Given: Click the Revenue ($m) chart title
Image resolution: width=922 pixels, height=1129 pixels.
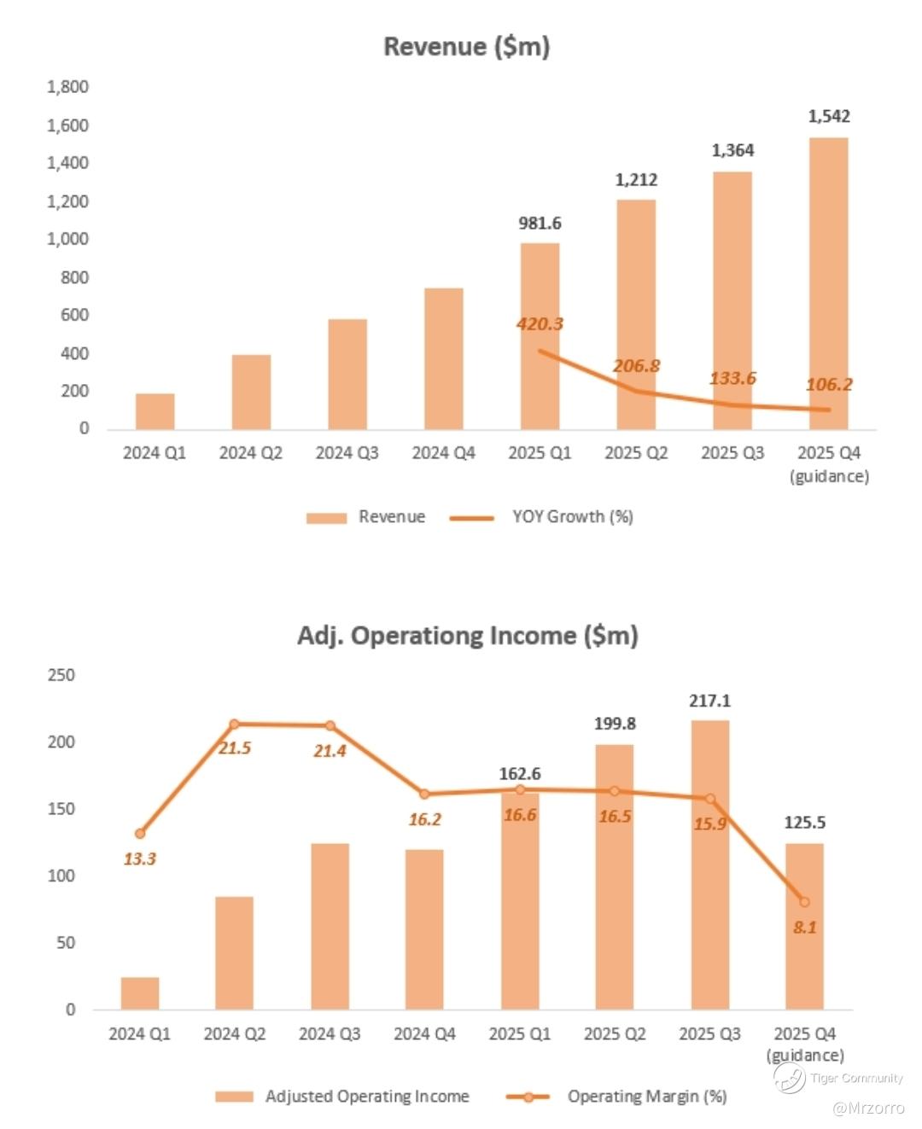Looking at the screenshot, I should [x=466, y=46].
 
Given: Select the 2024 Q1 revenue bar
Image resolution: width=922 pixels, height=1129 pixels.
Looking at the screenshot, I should [x=155, y=411].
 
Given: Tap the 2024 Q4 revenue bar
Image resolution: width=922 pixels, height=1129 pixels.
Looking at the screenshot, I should [x=443, y=358].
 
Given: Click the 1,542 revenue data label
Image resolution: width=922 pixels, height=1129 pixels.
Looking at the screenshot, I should [x=829, y=116].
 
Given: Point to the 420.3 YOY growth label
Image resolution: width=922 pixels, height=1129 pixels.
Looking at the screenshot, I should [x=540, y=323].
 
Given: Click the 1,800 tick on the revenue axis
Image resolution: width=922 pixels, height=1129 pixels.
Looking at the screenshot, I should [x=67, y=87].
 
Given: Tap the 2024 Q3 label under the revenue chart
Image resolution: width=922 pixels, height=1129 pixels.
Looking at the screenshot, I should [x=347, y=453].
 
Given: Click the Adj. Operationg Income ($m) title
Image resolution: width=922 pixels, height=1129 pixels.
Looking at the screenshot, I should [x=467, y=636].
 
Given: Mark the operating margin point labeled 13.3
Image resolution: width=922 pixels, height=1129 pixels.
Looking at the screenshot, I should [x=140, y=834].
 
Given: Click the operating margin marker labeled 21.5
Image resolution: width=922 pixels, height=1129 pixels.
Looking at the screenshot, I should [x=235, y=725].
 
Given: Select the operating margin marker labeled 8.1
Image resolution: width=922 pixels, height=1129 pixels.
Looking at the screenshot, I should [x=804, y=902].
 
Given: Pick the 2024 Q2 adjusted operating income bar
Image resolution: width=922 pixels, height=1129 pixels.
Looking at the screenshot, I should [x=234, y=952].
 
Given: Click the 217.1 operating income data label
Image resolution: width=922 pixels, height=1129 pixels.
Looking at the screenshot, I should [x=710, y=701].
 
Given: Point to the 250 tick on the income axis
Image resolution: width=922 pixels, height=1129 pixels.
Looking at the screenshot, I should [x=61, y=675].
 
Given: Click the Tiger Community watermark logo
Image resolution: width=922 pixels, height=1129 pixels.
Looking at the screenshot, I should [x=789, y=1078].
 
